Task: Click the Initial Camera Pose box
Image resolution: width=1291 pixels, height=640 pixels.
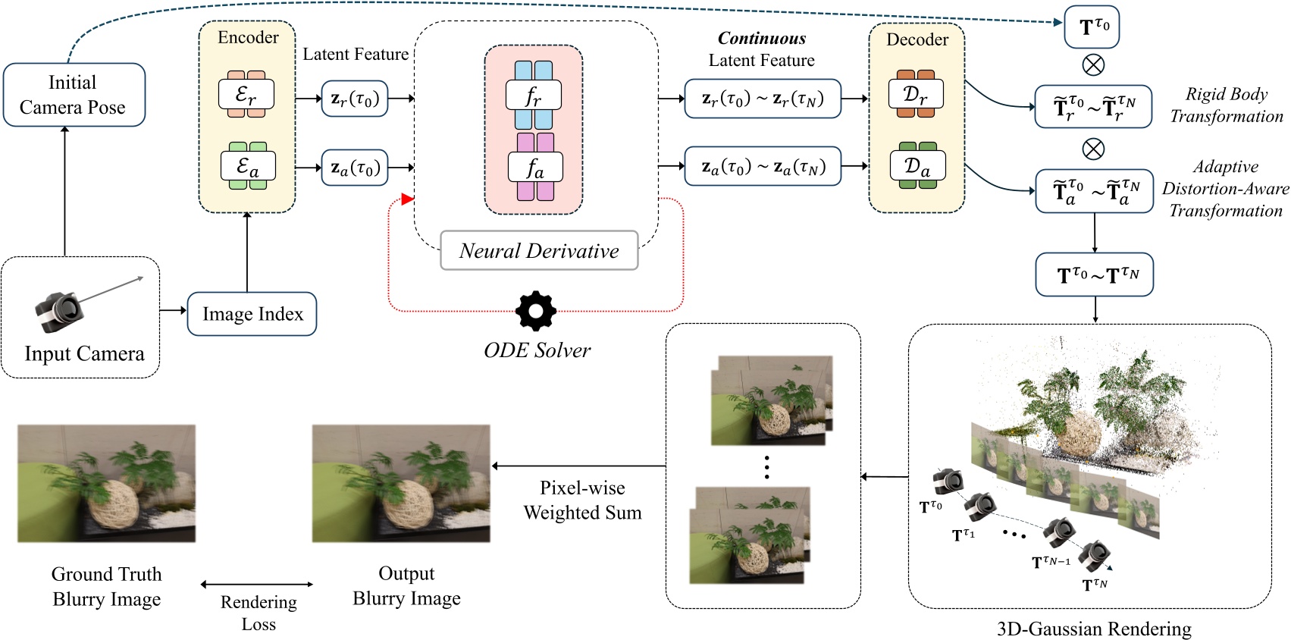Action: pyautogui.click(x=74, y=95)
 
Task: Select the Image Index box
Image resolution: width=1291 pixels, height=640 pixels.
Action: pyautogui.click(x=252, y=314)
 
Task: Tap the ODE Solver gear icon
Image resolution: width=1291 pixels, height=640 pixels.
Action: pyautogui.click(x=536, y=311)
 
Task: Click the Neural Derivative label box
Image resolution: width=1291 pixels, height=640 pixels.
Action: pyautogui.click(x=539, y=251)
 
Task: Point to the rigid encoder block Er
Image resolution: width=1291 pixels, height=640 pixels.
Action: pyautogui.click(x=246, y=95)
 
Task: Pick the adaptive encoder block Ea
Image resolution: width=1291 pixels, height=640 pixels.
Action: pyautogui.click(x=248, y=166)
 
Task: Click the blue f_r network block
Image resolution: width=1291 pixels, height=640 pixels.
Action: pyautogui.click(x=534, y=96)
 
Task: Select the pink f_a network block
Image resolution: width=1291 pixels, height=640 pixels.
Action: pyautogui.click(x=535, y=168)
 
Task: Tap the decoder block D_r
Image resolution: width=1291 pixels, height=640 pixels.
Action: pyautogui.click(x=916, y=95)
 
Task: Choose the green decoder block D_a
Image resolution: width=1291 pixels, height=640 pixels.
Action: pyautogui.click(x=917, y=166)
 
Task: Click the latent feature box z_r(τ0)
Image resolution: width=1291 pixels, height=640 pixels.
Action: pyautogui.click(x=355, y=99)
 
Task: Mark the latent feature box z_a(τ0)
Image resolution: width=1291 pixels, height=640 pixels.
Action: pyautogui.click(x=355, y=168)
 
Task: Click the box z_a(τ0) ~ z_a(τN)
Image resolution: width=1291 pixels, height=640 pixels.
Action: pyautogui.click(x=763, y=166)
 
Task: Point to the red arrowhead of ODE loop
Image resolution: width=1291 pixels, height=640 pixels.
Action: pyautogui.click(x=407, y=199)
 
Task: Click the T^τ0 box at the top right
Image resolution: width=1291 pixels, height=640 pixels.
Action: pyautogui.click(x=1092, y=27)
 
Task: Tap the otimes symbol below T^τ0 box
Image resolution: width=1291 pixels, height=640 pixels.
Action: pyautogui.click(x=1093, y=65)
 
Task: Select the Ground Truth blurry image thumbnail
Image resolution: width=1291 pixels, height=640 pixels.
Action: pyautogui.click(x=107, y=484)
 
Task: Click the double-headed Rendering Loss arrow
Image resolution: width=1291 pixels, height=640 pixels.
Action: pyautogui.click(x=257, y=584)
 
